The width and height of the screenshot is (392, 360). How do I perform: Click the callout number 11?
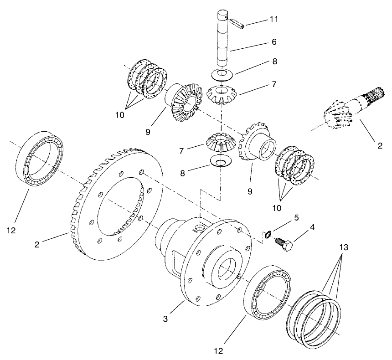pyautogui.click(x=273, y=19)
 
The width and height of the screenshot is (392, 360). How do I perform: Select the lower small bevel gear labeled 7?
pyautogui.click(x=220, y=142)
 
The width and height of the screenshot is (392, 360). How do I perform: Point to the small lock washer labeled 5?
pyautogui.click(x=268, y=234)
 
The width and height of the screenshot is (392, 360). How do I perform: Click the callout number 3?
pyautogui.click(x=166, y=319)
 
